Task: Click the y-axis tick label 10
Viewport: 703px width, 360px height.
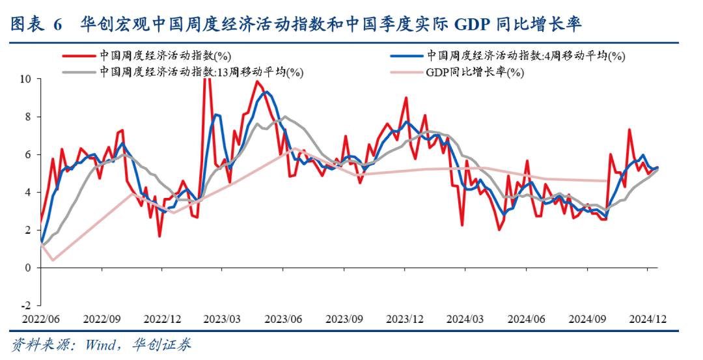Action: (x=26, y=79)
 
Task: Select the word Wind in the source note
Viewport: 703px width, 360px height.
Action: (x=100, y=344)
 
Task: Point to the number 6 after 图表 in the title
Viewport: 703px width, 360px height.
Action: (x=57, y=25)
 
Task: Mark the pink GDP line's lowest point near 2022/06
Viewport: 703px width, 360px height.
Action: (x=53, y=260)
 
